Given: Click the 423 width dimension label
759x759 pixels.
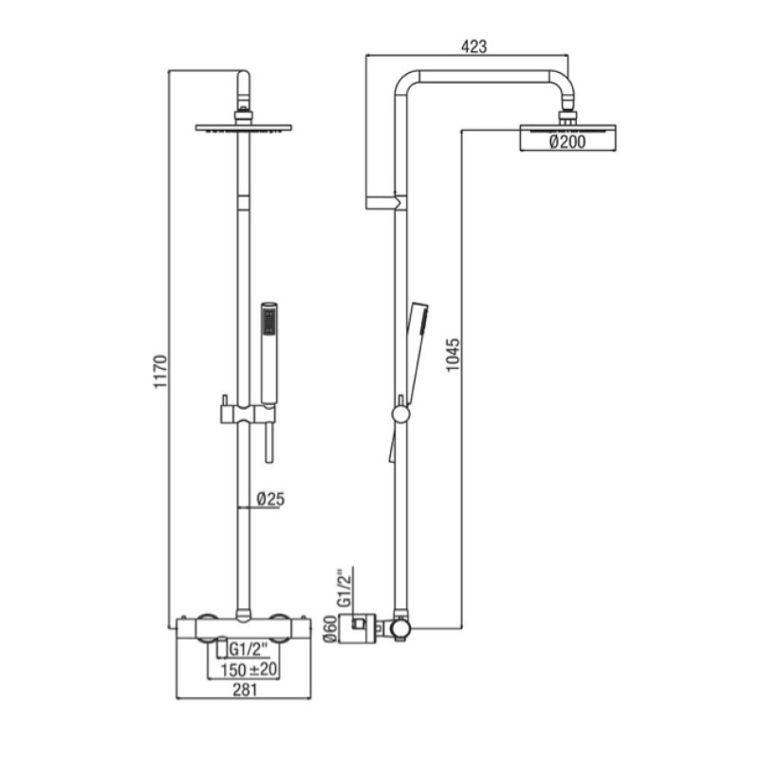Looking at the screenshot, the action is click(x=473, y=46).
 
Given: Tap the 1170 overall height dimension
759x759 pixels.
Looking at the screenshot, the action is click(x=160, y=371).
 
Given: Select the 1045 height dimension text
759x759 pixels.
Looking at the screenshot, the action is click(x=454, y=355).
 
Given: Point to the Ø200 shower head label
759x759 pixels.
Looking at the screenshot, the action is click(x=567, y=141).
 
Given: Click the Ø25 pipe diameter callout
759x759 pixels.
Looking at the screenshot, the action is click(x=270, y=499).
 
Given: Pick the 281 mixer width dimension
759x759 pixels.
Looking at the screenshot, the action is click(x=245, y=690).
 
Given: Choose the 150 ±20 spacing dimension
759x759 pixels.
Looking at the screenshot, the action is click(x=249, y=670).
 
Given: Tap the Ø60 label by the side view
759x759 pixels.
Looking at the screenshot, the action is click(x=330, y=629).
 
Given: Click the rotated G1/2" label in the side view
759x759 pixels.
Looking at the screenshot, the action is click(x=344, y=587).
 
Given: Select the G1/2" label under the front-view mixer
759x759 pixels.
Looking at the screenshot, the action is click(x=248, y=649).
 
